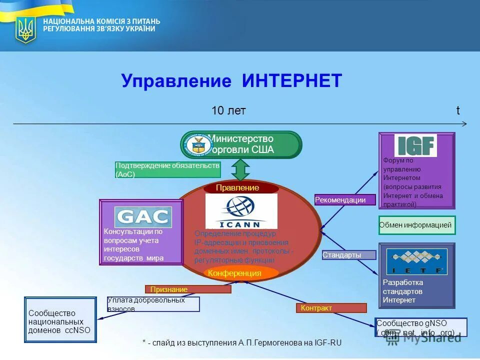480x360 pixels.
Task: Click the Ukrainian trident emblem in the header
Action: [x=25, y=29]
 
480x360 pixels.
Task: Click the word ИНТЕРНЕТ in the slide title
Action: [x=292, y=80]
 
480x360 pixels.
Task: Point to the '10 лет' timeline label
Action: [x=228, y=111]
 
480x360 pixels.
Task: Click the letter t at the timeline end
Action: [x=457, y=111]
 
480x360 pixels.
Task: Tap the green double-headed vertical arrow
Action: [x=240, y=169]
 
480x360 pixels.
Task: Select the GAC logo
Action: [x=143, y=217]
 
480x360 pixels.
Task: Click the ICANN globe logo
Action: [x=241, y=210]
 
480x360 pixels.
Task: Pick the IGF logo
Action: [x=415, y=145]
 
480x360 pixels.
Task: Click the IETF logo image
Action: [x=416, y=261]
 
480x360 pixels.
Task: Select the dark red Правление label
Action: [x=240, y=188]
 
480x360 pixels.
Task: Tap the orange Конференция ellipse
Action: [x=241, y=273]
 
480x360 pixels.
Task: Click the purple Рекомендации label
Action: [x=345, y=200]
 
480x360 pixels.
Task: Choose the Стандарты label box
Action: [x=348, y=255]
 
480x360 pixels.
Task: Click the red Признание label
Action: [x=188, y=289]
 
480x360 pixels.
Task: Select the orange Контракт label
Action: [x=331, y=308]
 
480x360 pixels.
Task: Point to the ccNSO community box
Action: [x=60, y=320]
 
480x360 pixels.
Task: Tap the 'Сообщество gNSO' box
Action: [x=421, y=327]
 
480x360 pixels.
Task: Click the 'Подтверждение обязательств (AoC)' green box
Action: [x=167, y=170]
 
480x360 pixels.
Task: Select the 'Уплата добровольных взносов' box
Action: [x=153, y=304]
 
